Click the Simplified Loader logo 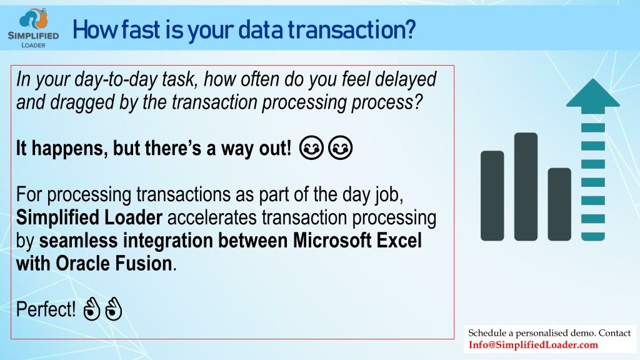34,27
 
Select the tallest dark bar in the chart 526,186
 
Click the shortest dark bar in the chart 559,204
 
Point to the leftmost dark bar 492,196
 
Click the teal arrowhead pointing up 592,96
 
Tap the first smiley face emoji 311,147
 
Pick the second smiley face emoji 341,147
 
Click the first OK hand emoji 91,309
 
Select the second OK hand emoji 114,309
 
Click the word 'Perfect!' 46,309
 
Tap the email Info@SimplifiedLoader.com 533,345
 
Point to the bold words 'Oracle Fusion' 114,263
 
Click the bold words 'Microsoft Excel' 357,241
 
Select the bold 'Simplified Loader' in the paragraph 89,217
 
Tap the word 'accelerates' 212,217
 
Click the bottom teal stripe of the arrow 592,236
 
